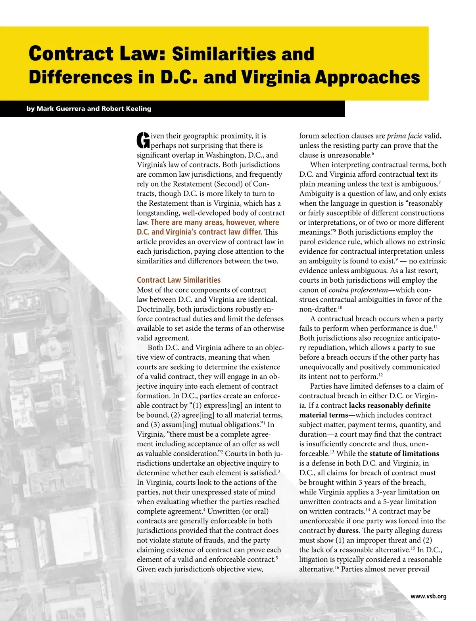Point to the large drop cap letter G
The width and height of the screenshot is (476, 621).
tap(143, 140)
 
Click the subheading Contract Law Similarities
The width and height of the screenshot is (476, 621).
tap(178, 280)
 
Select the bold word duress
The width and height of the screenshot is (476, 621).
tap(347, 530)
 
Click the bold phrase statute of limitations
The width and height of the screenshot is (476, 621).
tap(404, 453)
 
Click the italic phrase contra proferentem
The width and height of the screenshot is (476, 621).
tap(358, 290)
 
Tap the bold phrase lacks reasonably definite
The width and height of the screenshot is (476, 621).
tap(390, 405)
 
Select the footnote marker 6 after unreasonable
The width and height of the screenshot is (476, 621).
tap(373, 153)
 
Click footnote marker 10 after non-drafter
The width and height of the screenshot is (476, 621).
tap(340, 307)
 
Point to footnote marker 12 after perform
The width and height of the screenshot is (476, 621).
tap(380, 375)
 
